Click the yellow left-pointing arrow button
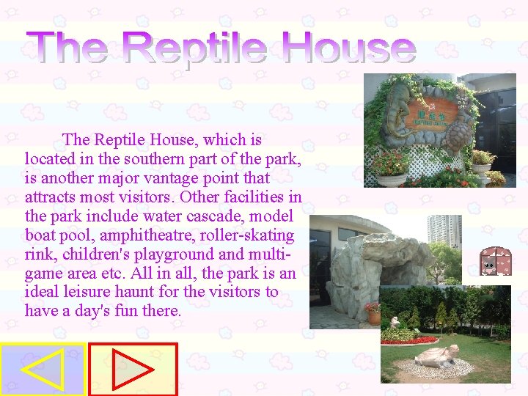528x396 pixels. coord(43,369)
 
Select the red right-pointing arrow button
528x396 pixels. coord(133,369)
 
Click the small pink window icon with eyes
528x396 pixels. coord(496,262)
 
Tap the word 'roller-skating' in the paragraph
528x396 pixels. coord(251,235)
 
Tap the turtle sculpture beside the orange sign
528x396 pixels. coord(460,136)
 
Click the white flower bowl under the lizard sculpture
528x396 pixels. coord(391,178)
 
